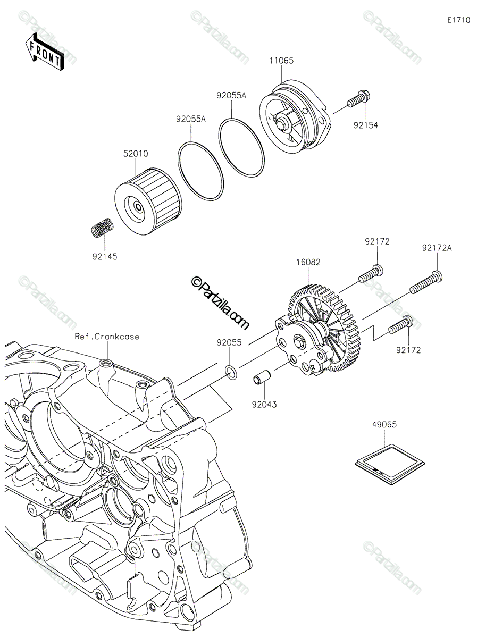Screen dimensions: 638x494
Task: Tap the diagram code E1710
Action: coord(458,20)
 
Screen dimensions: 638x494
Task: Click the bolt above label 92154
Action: coord(361,100)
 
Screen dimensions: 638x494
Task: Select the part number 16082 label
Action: coord(308,262)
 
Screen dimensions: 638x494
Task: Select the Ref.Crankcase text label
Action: coord(107,337)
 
